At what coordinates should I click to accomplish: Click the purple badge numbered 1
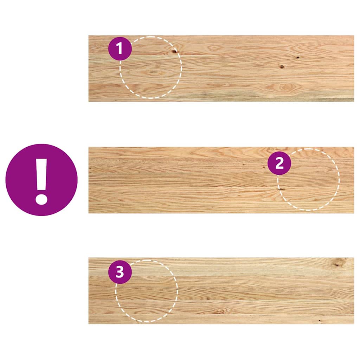click(120, 49)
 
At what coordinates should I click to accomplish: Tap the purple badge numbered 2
click(279, 163)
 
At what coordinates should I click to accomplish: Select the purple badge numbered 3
click(120, 272)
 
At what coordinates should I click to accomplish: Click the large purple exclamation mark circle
click(41, 180)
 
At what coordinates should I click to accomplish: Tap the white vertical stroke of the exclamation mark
click(42, 174)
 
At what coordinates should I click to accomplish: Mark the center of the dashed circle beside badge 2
click(309, 180)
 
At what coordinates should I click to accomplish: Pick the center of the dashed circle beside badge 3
click(147, 291)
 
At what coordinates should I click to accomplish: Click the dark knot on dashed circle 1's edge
click(174, 52)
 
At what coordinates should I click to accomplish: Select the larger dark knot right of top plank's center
click(282, 66)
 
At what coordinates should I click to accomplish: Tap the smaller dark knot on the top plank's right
click(297, 57)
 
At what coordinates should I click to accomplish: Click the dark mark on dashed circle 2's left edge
click(281, 189)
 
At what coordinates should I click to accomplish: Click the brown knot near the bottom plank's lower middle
click(220, 311)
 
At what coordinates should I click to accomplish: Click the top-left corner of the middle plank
click(89, 148)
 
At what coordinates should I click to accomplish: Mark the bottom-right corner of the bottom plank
click(353, 323)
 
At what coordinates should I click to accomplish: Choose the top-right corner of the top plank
click(353, 36)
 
